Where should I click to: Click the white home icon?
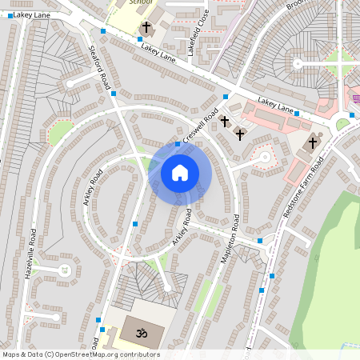point(180,172)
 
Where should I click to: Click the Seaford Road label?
point(99,71)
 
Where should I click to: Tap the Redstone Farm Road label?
point(304,190)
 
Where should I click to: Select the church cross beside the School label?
point(146,28)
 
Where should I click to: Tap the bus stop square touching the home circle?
point(177,145)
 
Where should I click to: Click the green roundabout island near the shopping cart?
point(342,125)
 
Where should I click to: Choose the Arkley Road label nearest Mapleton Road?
point(183,226)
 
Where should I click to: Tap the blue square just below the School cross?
point(140,38)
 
